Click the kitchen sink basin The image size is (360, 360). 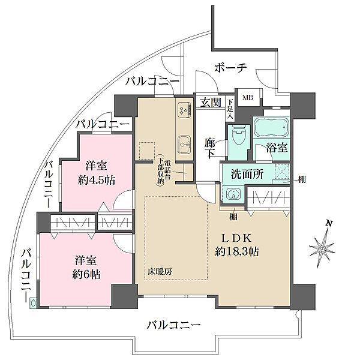tap(183, 144)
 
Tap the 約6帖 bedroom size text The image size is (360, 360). tap(88, 274)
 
